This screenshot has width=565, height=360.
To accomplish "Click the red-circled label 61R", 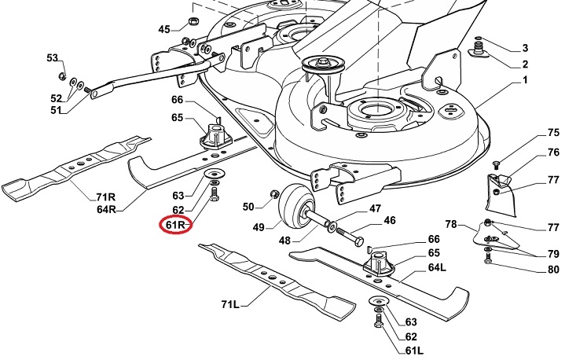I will click(x=175, y=226).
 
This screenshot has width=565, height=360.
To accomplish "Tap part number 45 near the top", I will click(x=163, y=30).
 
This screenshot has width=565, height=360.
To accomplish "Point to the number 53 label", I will click(x=53, y=58).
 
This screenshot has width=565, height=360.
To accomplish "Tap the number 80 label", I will click(x=531, y=270).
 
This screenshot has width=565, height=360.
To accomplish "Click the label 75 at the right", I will click(x=531, y=134).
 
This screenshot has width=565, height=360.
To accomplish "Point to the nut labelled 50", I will click(x=274, y=193).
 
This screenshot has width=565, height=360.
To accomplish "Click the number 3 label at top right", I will click(x=525, y=49).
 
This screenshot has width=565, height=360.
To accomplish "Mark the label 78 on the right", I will click(x=451, y=225).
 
